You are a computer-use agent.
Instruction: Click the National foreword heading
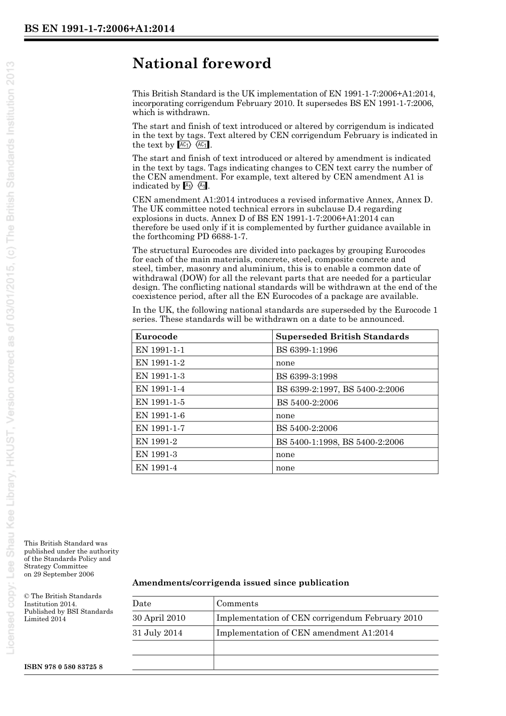click(202, 63)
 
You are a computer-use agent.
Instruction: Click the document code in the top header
click(100, 28)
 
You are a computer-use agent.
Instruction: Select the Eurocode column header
click(156, 336)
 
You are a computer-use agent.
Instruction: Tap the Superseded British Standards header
click(342, 336)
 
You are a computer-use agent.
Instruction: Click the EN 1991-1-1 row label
click(160, 350)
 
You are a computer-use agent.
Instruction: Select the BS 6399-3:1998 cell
click(306, 376)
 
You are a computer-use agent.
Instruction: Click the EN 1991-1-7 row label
click(160, 428)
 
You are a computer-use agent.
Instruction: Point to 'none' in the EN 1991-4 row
click(285, 468)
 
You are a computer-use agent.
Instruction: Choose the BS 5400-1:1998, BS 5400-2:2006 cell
click(339, 442)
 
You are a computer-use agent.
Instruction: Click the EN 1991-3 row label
click(156, 454)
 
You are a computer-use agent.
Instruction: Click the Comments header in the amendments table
click(237, 604)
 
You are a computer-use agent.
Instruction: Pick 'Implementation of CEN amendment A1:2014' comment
click(305, 633)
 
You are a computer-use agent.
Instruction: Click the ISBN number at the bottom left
click(63, 667)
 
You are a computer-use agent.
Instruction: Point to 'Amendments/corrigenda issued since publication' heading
click(240, 583)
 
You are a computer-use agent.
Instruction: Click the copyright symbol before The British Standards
click(27, 596)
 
